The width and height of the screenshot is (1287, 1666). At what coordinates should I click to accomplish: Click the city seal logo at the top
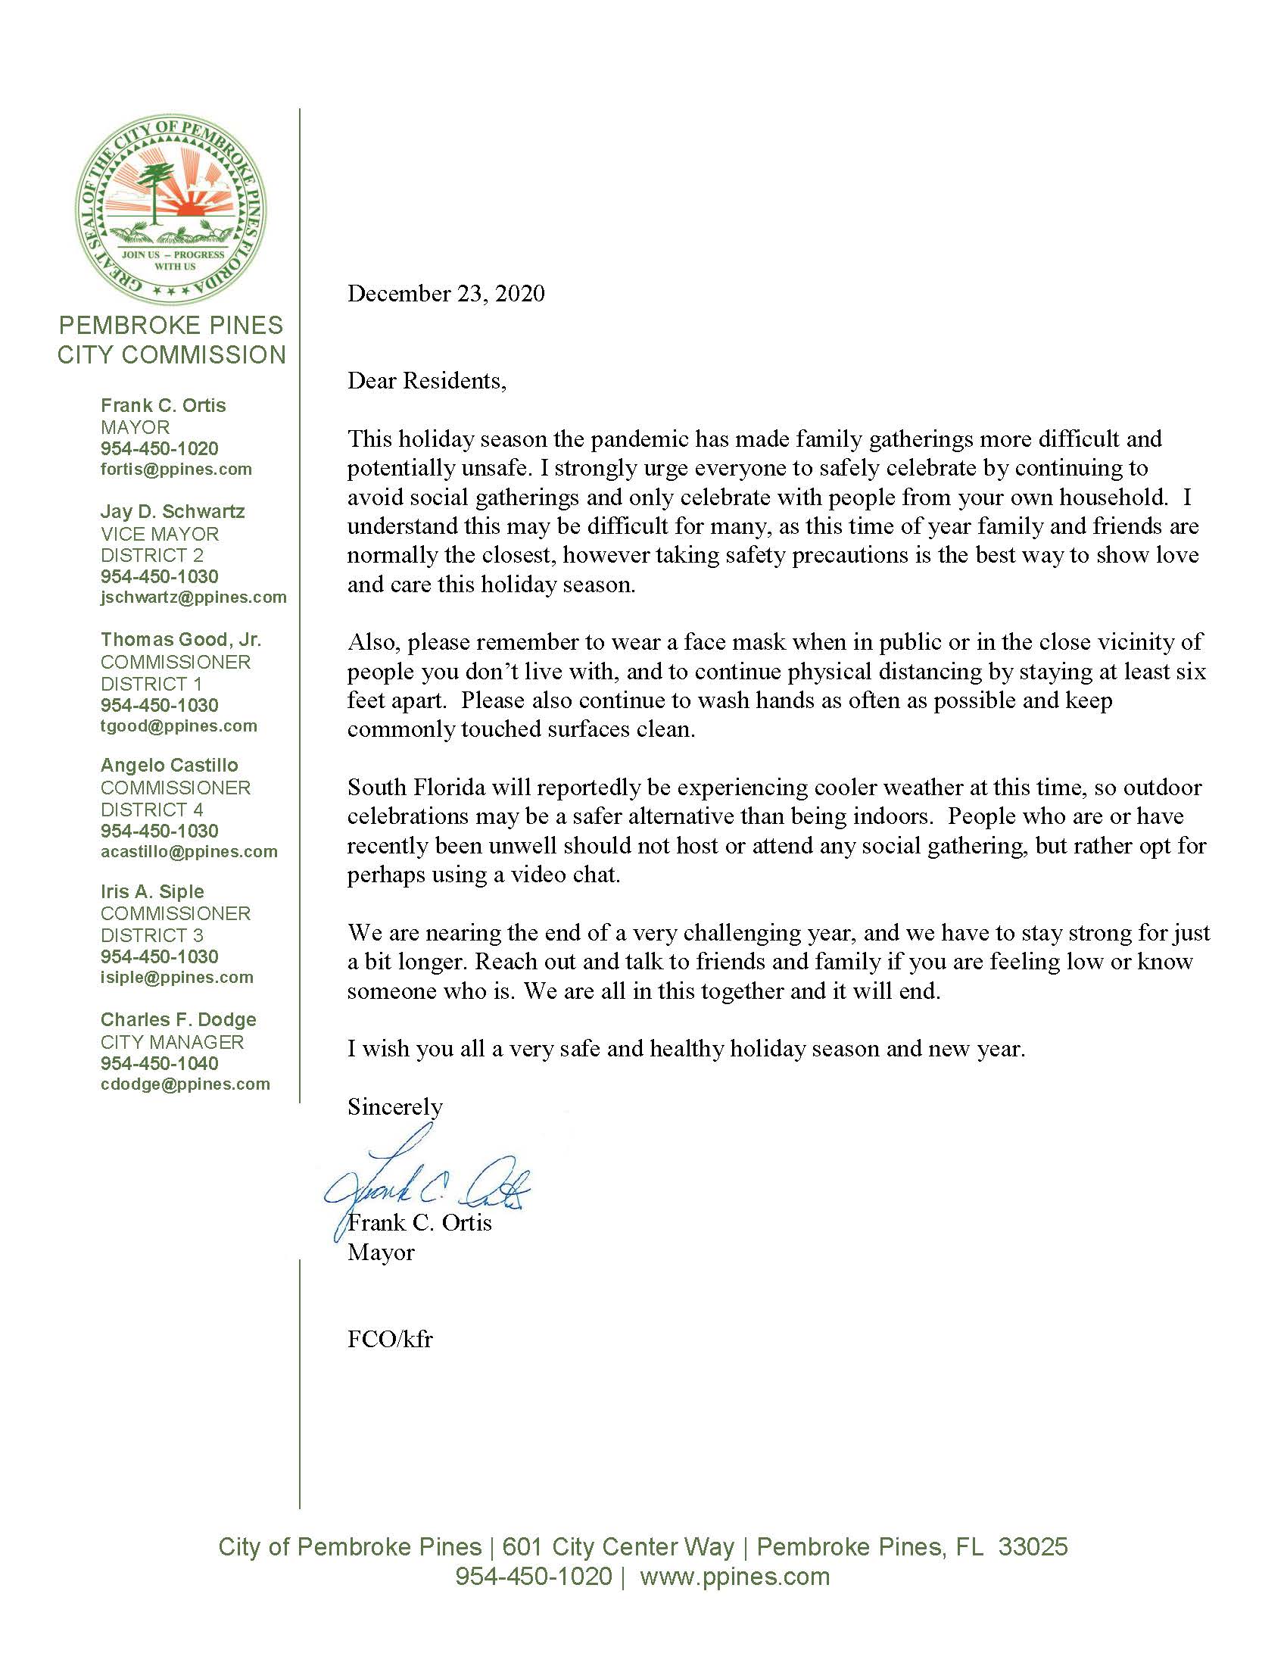tap(172, 208)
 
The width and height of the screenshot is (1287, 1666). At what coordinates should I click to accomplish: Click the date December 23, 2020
tap(446, 294)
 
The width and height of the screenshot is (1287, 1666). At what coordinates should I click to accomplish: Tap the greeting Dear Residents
tap(426, 381)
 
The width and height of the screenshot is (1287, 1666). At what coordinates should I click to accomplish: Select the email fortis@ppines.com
tap(176, 470)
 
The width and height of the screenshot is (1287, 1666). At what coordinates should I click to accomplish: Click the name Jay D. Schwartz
tap(173, 511)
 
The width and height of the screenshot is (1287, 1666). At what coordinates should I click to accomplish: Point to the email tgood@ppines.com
tap(179, 726)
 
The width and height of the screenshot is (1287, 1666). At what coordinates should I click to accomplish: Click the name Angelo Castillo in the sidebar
tap(170, 765)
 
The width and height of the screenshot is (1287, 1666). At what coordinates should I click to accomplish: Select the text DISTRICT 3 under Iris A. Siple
tap(151, 935)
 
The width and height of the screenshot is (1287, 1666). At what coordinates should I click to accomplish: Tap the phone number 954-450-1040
tap(159, 1063)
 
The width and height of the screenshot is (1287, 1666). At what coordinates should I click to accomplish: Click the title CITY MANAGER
tap(172, 1042)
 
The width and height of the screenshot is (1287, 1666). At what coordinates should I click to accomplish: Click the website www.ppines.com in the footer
tap(734, 1577)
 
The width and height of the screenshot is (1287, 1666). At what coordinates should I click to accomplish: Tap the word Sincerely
tap(394, 1107)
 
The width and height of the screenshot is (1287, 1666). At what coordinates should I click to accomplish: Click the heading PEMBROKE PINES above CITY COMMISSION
tap(171, 326)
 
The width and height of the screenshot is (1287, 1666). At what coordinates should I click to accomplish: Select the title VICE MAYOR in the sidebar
tap(159, 534)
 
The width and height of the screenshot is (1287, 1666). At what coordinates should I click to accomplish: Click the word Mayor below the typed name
tap(381, 1253)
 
